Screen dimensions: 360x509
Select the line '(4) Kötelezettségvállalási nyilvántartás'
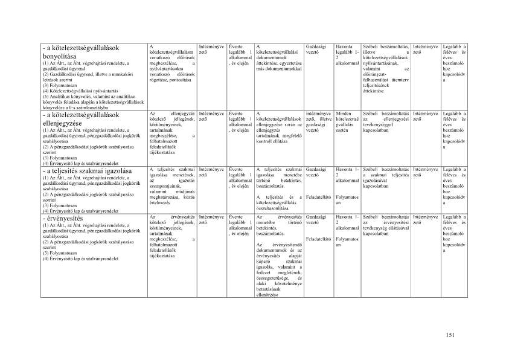(x=81, y=91)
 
